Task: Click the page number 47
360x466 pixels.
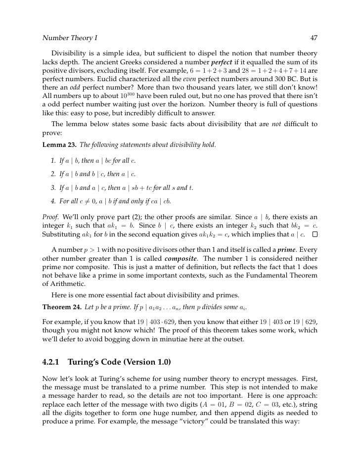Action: (314, 37)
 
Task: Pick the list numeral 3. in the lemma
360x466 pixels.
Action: (53, 187)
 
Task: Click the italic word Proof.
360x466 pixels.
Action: (50, 217)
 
